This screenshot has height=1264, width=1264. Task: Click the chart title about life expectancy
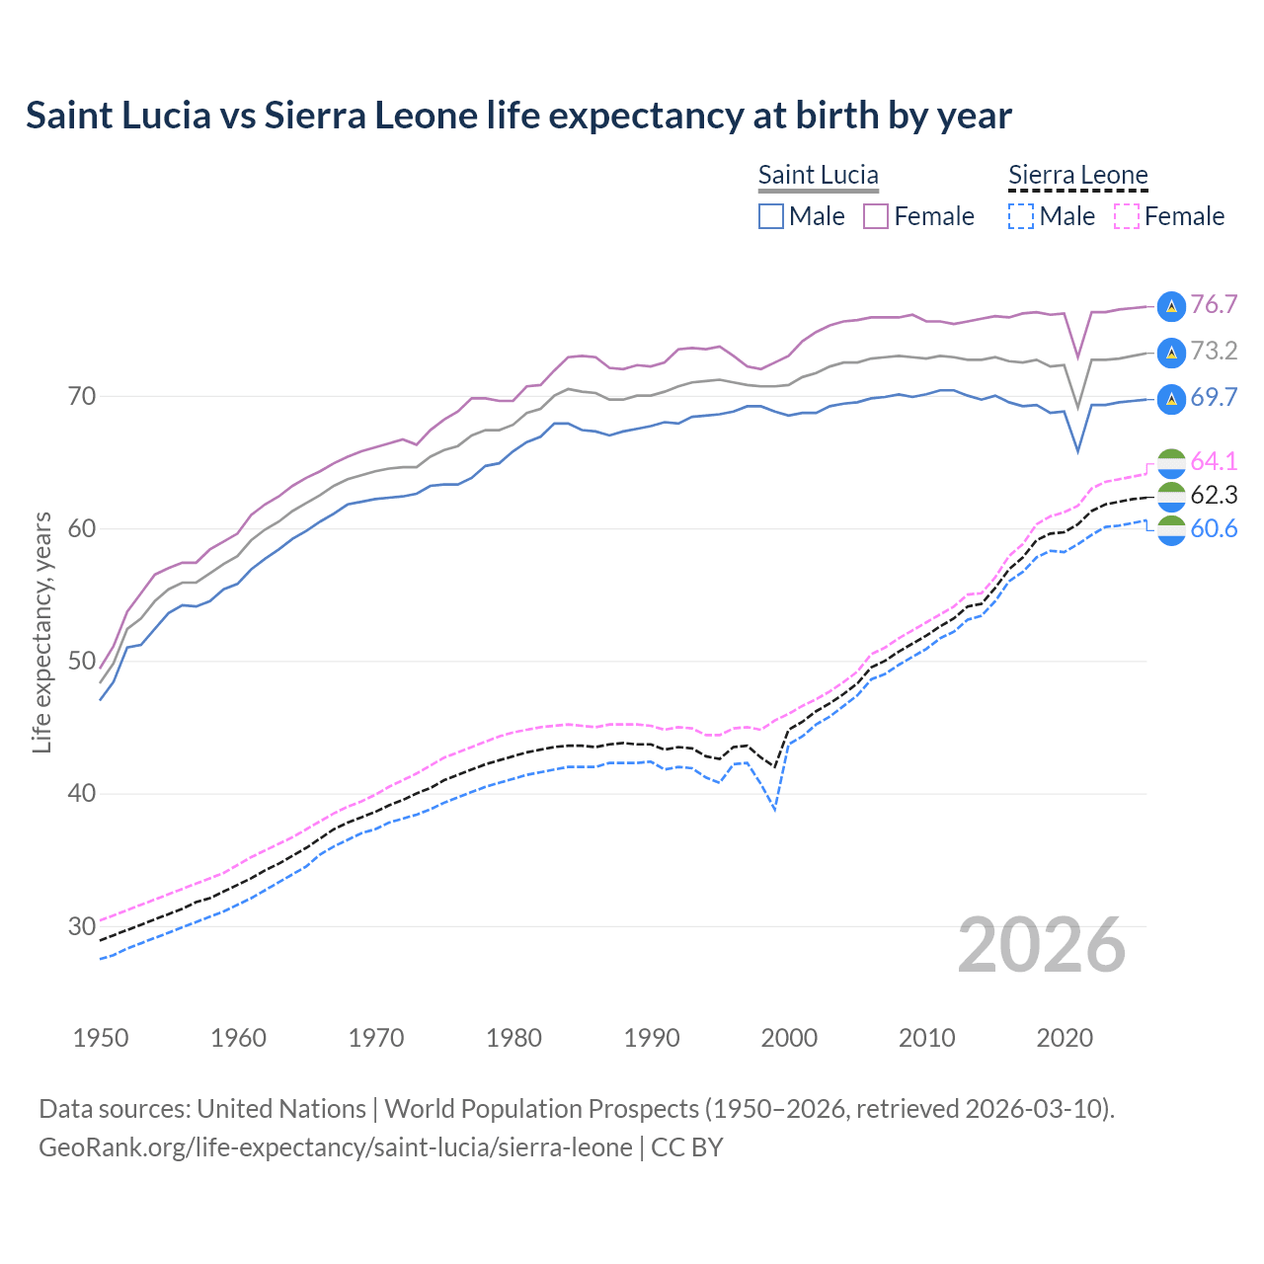click(x=518, y=116)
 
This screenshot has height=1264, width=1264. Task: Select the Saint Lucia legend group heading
click(x=818, y=175)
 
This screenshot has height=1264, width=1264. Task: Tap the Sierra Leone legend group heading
click(x=1077, y=175)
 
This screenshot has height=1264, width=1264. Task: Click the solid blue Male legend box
click(x=771, y=216)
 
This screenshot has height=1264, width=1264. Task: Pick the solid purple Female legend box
click(x=876, y=216)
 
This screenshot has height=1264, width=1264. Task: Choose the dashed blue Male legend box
click(x=1021, y=216)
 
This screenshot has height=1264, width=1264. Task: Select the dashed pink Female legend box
click(x=1127, y=216)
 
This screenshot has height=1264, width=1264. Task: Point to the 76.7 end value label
click(x=1214, y=304)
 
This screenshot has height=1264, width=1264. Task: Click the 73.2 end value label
click(x=1214, y=351)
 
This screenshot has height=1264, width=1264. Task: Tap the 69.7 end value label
click(x=1214, y=397)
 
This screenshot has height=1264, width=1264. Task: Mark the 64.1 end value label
click(x=1214, y=461)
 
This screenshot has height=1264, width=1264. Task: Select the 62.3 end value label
click(x=1214, y=495)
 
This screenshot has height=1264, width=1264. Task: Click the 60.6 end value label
click(x=1214, y=528)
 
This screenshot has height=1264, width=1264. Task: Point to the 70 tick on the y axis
click(x=82, y=397)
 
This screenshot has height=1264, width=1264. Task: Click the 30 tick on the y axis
click(x=82, y=926)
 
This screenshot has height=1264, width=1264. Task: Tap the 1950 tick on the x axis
click(x=101, y=1038)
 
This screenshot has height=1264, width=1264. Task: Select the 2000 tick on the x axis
click(x=789, y=1038)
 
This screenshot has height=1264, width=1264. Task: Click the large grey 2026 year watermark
click(x=1042, y=945)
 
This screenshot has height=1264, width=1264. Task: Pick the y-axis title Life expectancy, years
click(x=42, y=632)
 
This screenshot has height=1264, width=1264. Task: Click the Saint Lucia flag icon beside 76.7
click(x=1171, y=306)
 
